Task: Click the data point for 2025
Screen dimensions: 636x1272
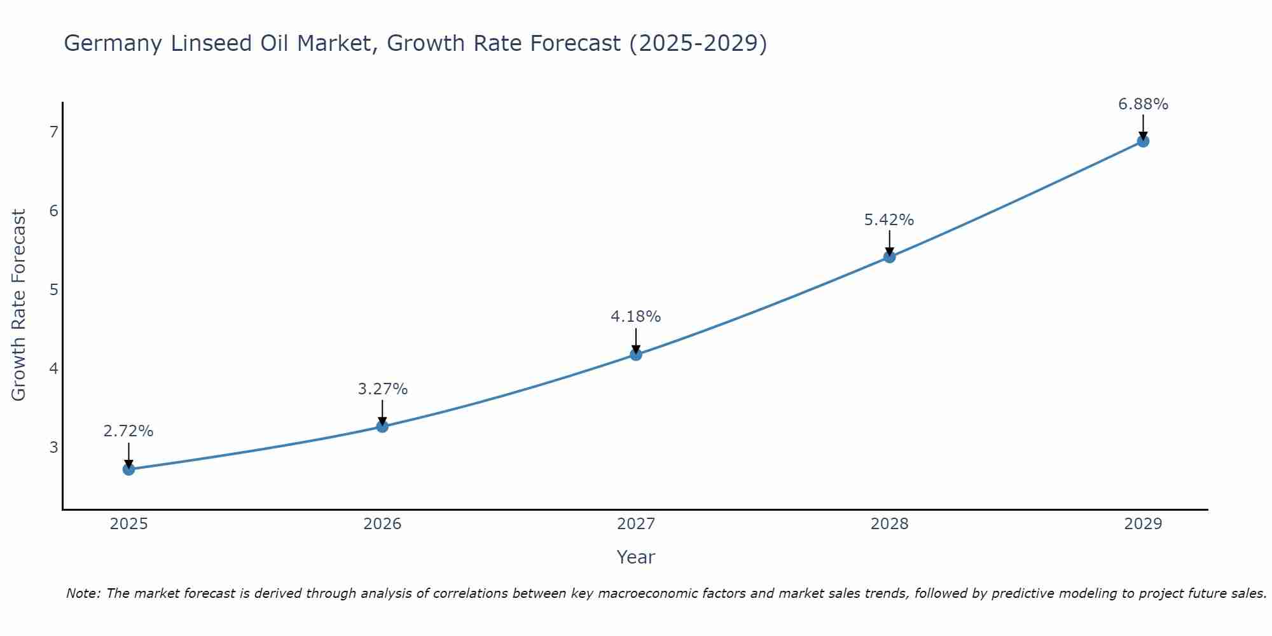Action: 128,469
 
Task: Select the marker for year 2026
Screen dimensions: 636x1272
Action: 382,426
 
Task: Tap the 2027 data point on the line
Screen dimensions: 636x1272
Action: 636,354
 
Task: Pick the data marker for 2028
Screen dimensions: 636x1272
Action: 889,257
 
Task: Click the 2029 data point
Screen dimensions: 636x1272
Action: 1143,141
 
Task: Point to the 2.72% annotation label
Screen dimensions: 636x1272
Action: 128,431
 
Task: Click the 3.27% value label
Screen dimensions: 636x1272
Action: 382,389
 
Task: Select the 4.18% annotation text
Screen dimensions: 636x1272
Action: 636,316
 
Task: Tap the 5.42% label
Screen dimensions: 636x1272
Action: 889,220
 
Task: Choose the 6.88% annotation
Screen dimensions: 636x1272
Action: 1143,104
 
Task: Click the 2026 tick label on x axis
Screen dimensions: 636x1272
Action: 382,524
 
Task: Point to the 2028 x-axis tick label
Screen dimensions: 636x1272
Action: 889,524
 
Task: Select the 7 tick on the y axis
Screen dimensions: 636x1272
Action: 53,132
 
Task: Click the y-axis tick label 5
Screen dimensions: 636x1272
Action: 53,290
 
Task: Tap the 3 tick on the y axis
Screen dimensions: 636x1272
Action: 53,447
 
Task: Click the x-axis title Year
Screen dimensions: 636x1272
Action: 635,557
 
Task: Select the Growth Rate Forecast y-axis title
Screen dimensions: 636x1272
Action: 19,305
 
